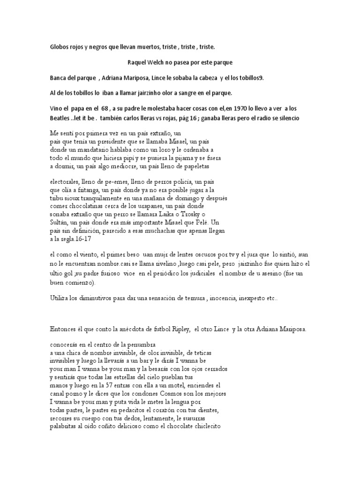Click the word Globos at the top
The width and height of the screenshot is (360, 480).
(60, 47)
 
